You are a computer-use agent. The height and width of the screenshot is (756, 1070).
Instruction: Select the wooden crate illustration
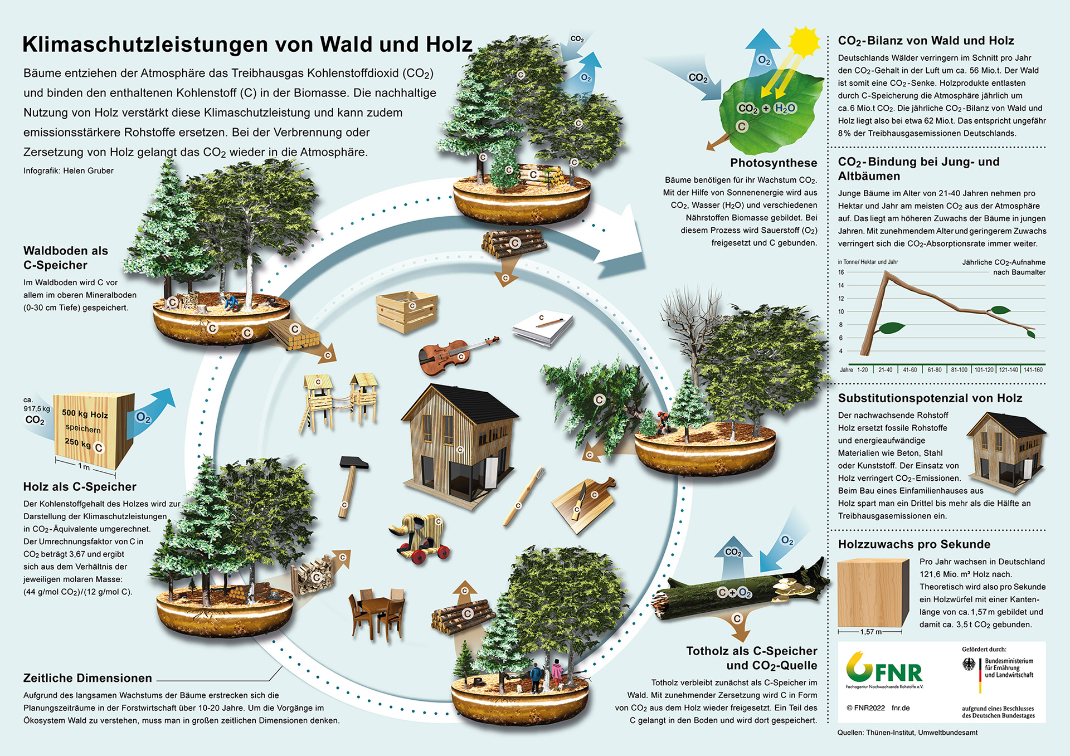(407, 311)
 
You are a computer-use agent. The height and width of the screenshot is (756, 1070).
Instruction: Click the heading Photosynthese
(774, 163)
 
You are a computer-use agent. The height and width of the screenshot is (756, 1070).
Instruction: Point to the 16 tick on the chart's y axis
(841, 272)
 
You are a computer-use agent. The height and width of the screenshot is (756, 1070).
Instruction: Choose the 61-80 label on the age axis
(935, 370)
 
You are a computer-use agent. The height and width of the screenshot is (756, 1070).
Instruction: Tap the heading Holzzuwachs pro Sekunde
(914, 544)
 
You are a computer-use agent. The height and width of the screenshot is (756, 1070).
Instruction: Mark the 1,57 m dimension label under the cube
(870, 632)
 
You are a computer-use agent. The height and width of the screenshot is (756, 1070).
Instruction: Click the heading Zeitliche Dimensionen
(87, 678)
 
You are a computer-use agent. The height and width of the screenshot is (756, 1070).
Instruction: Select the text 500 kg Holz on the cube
(85, 414)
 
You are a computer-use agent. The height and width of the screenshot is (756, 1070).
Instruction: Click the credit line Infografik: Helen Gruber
(69, 171)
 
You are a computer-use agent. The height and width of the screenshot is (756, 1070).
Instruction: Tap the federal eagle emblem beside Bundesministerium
(969, 664)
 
